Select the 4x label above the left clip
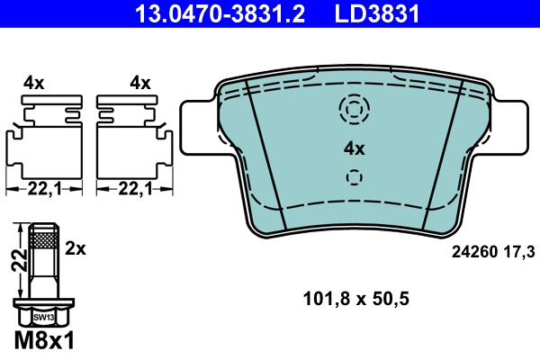tap(34, 83)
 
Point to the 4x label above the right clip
tap(139, 83)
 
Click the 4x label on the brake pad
tap(354, 148)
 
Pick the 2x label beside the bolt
tap(76, 247)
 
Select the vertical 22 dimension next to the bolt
tap(15, 261)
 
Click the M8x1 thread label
tap(44, 342)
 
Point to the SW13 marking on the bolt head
tap(42, 318)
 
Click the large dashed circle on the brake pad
tap(354, 109)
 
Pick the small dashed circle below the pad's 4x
tap(354, 175)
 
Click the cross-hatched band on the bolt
tap(42, 238)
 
